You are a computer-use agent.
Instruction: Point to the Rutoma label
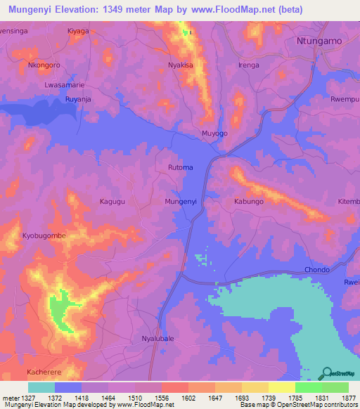point(181,167)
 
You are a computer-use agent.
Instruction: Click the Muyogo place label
point(214,133)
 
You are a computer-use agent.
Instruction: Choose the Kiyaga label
point(78,31)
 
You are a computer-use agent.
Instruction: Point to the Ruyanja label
point(78,99)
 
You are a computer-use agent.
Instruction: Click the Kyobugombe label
point(44,235)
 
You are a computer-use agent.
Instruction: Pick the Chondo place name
point(317,269)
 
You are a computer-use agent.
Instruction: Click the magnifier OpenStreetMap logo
point(326,372)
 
